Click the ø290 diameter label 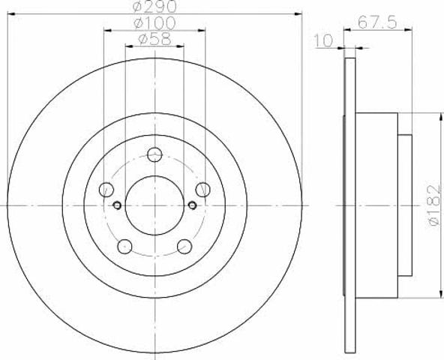(x=154, y=6)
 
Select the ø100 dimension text (x=154, y=23)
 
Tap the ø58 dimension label (x=155, y=39)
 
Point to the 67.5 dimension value (x=377, y=22)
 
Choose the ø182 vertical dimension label (x=435, y=205)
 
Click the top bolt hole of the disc (x=155, y=154)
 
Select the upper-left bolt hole (x=106, y=190)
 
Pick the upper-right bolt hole (x=202, y=190)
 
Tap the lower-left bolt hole (x=124, y=247)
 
